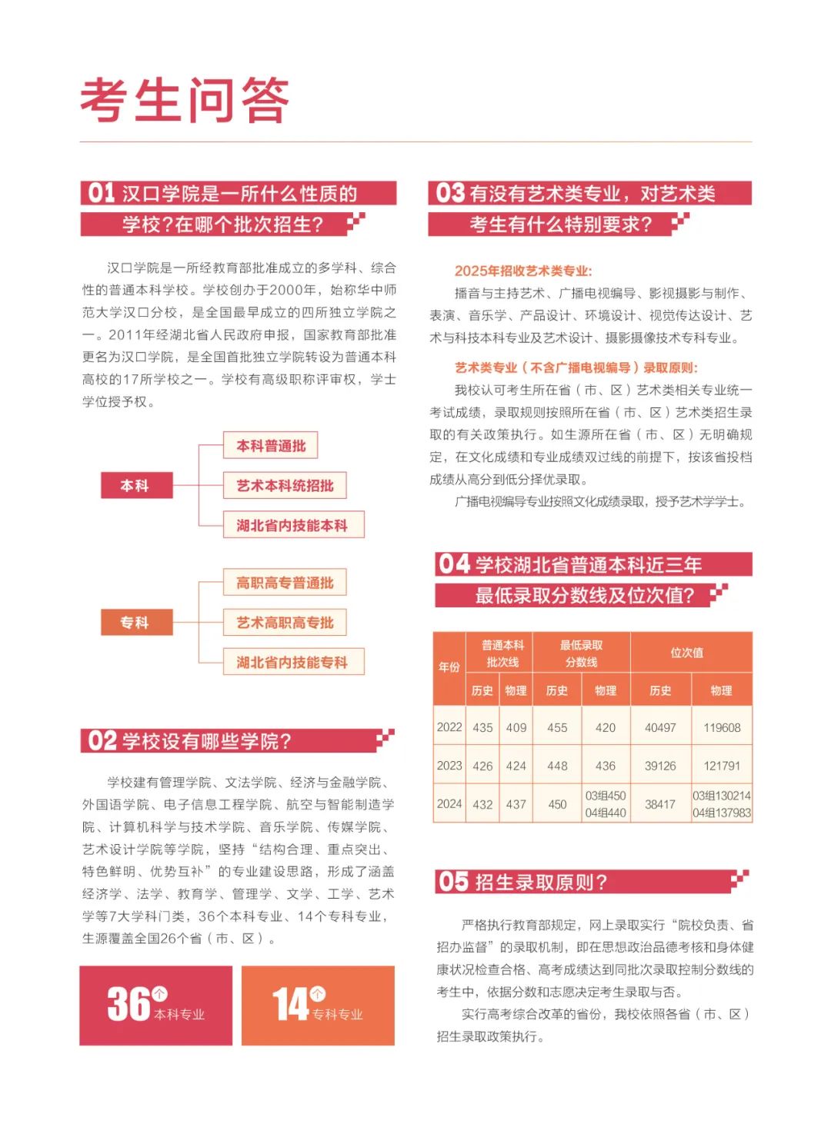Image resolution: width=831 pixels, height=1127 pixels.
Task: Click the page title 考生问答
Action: point(185,100)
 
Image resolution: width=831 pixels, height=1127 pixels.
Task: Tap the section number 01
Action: point(102,193)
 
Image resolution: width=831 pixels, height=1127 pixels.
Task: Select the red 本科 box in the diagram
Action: point(135,486)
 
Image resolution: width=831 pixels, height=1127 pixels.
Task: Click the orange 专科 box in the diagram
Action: point(135,623)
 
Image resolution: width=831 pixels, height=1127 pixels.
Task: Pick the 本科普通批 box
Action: point(271,446)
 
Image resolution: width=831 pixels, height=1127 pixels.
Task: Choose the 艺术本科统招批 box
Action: point(285,486)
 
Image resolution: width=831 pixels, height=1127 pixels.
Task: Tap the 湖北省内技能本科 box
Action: point(292,526)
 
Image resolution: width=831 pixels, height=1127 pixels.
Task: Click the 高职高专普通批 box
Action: point(285,583)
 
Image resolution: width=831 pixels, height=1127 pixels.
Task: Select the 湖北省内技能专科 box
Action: point(292,663)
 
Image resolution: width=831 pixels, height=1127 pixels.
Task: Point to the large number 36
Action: point(128,1004)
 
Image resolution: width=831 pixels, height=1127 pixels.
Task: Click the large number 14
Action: point(290,1004)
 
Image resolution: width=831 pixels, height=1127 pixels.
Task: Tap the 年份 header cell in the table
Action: point(449,667)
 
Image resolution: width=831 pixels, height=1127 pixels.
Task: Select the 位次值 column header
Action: point(687,653)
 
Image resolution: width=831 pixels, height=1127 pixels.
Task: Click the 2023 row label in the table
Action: point(449,766)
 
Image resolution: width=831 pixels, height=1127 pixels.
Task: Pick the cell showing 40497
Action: point(660,727)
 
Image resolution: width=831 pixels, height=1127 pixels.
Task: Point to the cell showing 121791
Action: point(722,766)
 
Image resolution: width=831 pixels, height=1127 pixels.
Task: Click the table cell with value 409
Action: point(516,727)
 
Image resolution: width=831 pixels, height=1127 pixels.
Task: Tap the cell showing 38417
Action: point(660,804)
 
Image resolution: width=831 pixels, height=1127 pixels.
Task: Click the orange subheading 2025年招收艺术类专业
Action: point(523,271)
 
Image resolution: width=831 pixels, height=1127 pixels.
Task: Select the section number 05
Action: point(454,882)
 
